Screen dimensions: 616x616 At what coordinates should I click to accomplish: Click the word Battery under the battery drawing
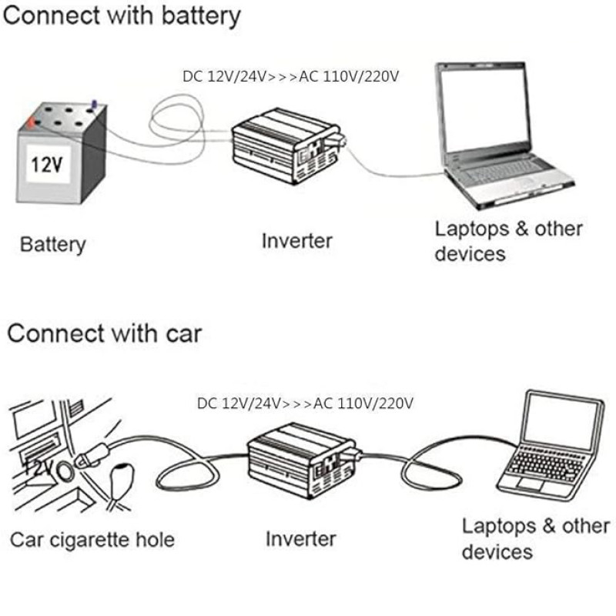click(x=52, y=245)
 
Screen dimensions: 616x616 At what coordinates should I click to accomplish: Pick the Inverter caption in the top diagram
click(x=297, y=240)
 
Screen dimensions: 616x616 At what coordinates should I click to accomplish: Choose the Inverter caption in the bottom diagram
click(x=301, y=539)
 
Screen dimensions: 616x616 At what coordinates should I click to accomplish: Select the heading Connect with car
click(x=105, y=334)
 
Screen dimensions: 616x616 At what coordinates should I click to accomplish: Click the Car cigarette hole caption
click(x=92, y=540)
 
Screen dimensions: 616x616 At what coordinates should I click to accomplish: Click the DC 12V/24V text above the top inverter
click(x=224, y=76)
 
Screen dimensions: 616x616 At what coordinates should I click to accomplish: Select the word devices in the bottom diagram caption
click(x=497, y=552)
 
